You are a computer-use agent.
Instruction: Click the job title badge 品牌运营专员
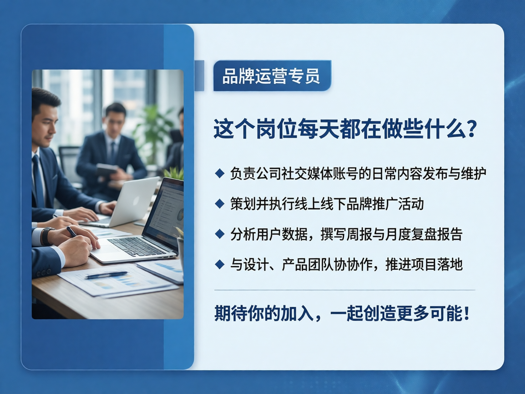coord(272,76)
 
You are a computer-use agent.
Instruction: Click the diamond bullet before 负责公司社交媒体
coord(220,173)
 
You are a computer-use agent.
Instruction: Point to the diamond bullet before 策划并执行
coord(220,204)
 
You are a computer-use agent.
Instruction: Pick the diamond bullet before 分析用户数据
coord(220,234)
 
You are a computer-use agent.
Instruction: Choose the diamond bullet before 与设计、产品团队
coord(220,264)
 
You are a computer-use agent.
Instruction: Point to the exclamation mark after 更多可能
coord(467,313)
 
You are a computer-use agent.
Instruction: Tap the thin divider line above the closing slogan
coord(345,290)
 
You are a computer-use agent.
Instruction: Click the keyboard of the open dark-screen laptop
coord(137,247)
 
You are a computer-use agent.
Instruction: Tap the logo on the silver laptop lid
coord(136,201)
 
